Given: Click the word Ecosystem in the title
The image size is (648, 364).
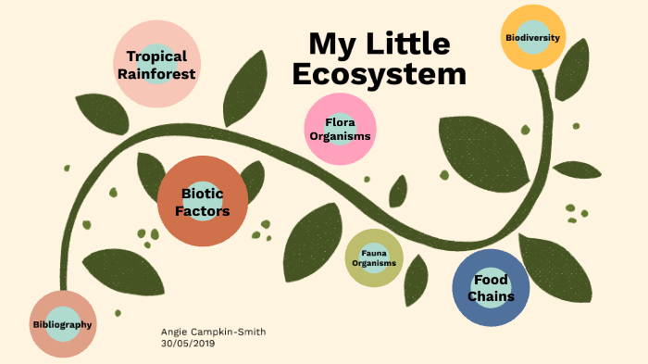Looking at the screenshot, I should [379, 74].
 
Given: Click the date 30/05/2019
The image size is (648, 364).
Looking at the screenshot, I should [188, 343].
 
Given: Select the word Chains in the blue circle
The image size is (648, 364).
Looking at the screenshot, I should [491, 296].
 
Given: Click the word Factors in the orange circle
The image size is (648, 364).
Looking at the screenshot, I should [203, 211].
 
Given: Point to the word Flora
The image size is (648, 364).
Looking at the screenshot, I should [341, 121].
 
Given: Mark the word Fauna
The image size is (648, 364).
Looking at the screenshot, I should [374, 253].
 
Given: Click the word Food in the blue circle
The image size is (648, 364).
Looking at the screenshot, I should [491, 280].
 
